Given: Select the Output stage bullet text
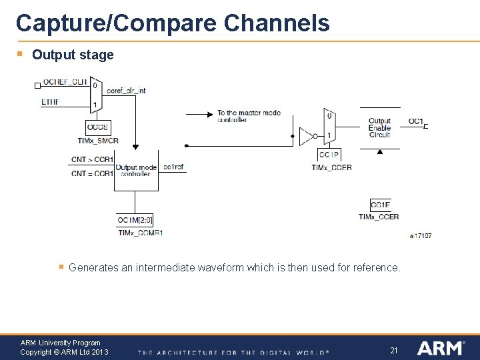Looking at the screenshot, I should (x=73, y=55).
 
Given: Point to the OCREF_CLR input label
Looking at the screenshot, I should (x=65, y=83).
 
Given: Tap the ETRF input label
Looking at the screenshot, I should (x=50, y=102).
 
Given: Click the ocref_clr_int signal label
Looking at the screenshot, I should (x=125, y=90).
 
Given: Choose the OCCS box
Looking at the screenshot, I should (x=97, y=127).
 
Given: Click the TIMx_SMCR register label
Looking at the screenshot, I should (x=98, y=141).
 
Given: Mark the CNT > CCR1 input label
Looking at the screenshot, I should (x=92, y=160).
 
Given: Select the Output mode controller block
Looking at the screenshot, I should (x=136, y=170).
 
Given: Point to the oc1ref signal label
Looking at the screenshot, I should (x=173, y=167).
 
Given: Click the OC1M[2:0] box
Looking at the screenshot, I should (x=135, y=220).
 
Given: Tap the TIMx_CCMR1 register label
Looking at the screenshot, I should (x=140, y=233).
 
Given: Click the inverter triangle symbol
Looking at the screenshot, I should (x=307, y=137).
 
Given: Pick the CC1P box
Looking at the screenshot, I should (x=329, y=155).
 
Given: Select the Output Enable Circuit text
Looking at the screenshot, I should (x=379, y=128).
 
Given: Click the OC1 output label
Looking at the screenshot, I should (x=415, y=121).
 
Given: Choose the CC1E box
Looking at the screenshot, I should (x=380, y=205).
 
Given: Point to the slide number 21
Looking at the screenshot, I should (x=393, y=350).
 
